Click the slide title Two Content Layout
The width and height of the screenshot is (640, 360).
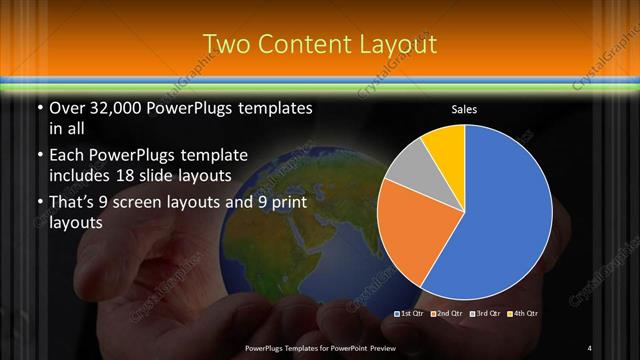coord(319,44)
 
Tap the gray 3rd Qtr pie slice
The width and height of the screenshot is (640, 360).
coord(407,165)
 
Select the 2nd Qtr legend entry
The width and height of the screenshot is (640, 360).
coord(446,314)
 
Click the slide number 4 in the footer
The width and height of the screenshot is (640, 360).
coord(590,348)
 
